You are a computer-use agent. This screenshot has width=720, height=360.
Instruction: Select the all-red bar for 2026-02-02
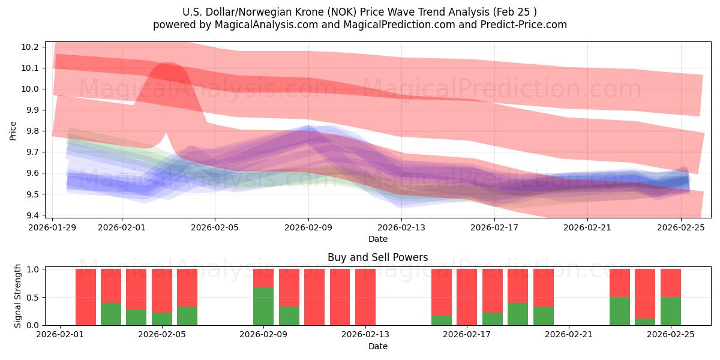(86, 297)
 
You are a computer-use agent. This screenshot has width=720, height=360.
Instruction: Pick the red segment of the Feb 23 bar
(620, 283)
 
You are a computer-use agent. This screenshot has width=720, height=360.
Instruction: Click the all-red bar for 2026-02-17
(467, 297)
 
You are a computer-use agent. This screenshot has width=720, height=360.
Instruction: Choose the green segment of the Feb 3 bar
(111, 314)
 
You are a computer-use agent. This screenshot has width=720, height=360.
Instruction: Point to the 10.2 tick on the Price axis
(34, 47)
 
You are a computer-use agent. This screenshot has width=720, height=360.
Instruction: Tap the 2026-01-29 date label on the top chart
(53, 227)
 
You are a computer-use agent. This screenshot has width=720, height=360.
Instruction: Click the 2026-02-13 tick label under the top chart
(401, 227)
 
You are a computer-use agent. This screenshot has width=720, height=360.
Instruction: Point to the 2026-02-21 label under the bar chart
(569, 335)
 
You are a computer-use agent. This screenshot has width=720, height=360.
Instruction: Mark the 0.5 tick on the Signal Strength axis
(34, 297)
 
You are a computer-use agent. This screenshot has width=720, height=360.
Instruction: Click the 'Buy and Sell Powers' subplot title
(377, 257)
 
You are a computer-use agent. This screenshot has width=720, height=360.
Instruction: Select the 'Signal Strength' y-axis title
(18, 296)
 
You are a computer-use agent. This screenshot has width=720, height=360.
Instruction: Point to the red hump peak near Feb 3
(166, 64)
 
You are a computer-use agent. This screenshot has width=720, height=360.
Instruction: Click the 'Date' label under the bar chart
(377, 346)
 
